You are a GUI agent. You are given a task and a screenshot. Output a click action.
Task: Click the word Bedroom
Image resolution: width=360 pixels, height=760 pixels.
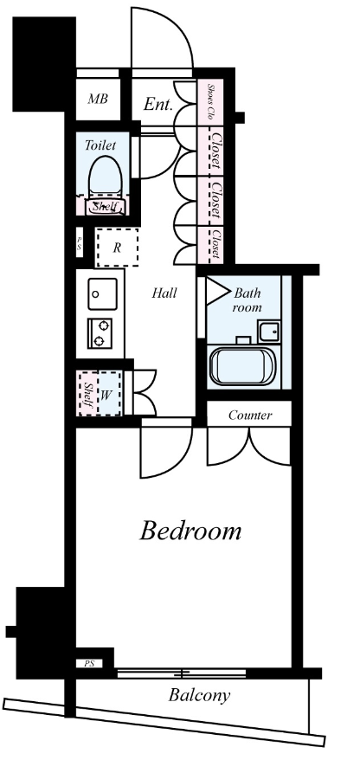point(190,531)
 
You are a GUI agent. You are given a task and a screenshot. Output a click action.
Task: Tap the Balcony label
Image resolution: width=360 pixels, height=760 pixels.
point(199,696)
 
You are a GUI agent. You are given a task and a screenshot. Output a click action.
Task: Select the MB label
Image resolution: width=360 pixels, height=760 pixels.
point(98,100)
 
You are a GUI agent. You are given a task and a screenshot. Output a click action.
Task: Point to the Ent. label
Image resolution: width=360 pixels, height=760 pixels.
point(158,104)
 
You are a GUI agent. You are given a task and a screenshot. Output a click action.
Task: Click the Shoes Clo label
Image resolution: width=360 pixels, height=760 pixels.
point(211,101)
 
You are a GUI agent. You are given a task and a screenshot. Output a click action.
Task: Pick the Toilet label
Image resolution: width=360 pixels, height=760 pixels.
point(100,145)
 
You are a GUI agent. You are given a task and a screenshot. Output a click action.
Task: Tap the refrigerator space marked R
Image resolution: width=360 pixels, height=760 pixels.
point(117,248)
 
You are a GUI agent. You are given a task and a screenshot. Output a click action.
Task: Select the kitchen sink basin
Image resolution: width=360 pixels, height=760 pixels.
point(102,293)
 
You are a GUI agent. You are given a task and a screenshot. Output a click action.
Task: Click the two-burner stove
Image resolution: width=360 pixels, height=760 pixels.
point(100,333)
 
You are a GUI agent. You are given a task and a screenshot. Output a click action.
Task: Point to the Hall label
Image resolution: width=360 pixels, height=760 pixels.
point(164,293)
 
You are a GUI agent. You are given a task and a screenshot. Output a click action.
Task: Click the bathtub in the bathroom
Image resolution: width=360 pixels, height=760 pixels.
point(243,366)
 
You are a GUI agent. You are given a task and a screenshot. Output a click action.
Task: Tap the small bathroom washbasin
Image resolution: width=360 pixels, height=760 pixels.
point(269,332)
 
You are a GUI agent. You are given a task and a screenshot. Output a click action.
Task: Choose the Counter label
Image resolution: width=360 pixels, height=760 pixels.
point(250,415)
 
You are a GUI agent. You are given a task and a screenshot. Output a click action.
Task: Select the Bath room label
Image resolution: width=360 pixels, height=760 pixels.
point(247,300)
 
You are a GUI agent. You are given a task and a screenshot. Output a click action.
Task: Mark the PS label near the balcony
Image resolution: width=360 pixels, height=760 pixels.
point(89,664)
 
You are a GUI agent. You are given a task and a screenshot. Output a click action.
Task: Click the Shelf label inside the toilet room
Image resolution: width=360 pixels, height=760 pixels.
point(105,207)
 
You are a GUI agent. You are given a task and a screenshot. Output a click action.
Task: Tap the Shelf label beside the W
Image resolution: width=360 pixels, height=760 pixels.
point(88,394)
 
